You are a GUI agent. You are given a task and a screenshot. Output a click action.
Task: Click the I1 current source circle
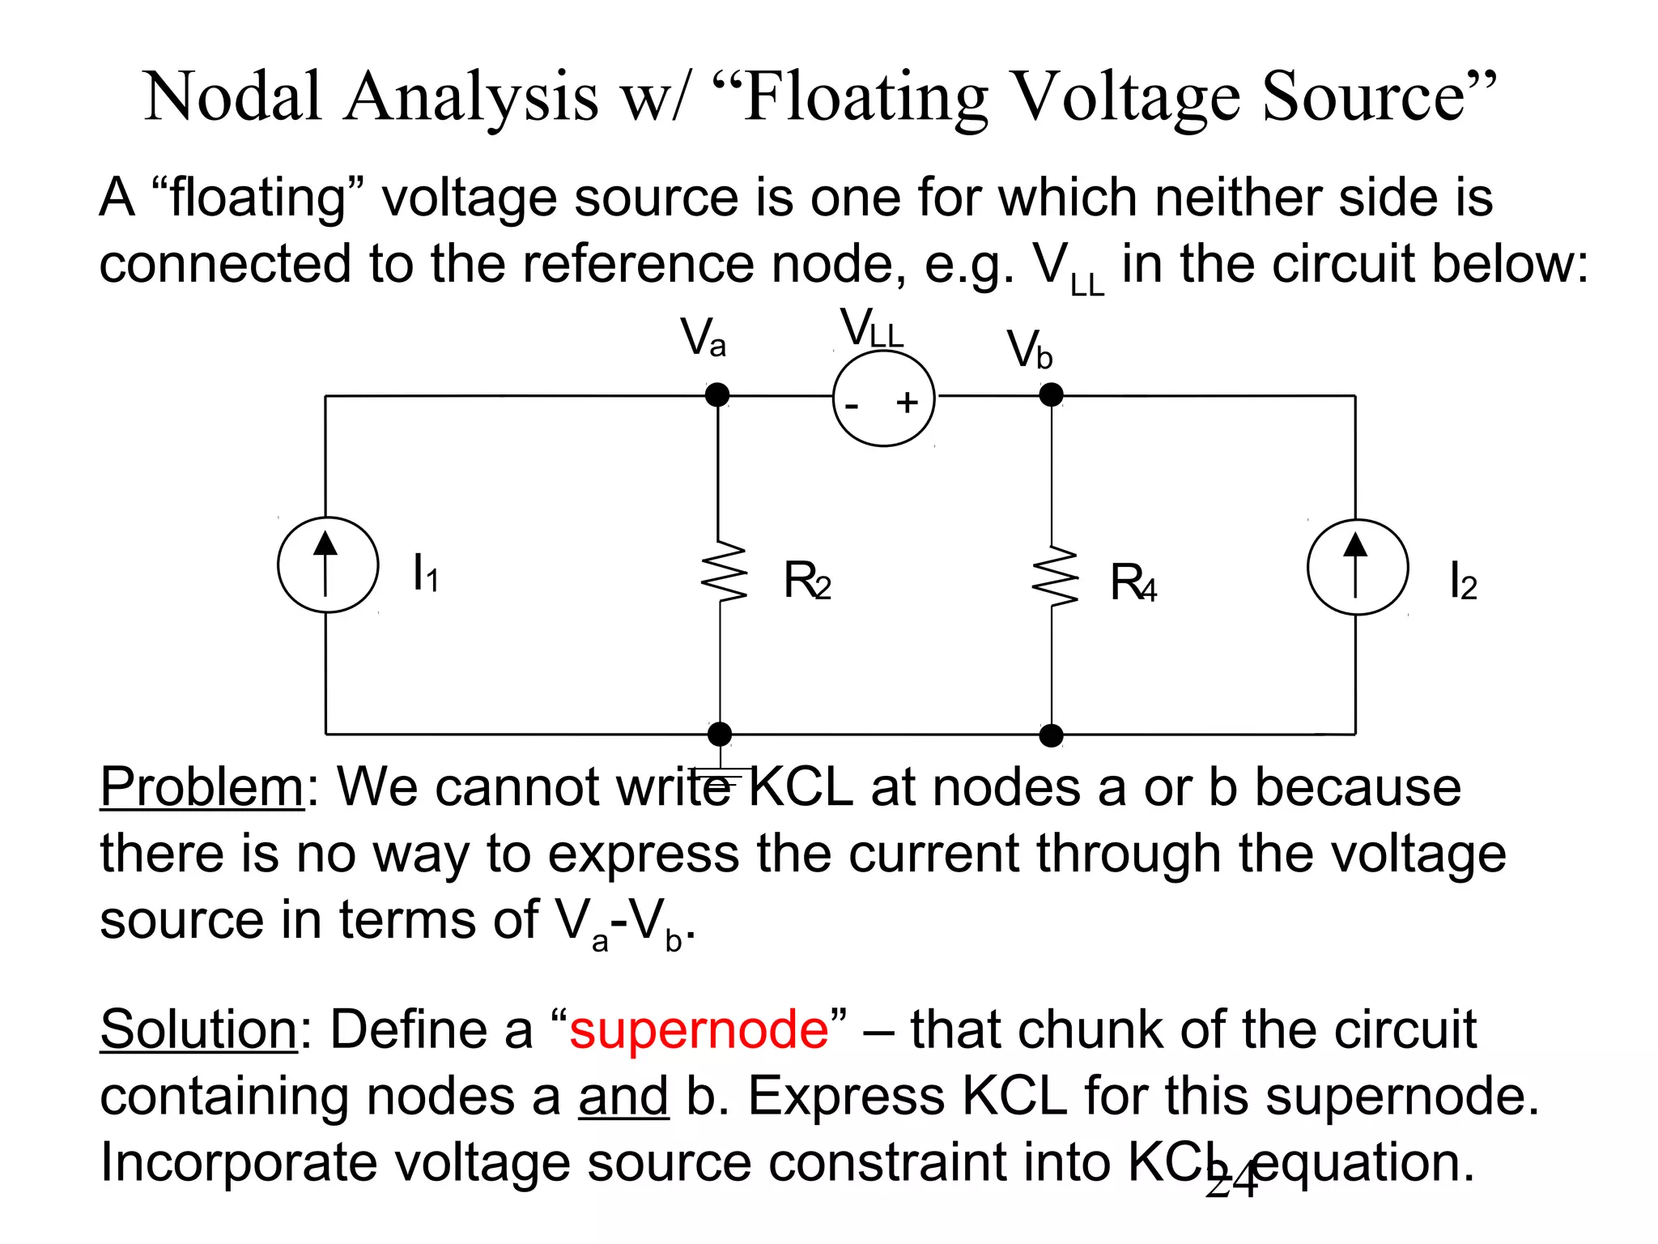pos(328,564)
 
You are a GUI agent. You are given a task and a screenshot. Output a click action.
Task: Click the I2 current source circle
pos(1357,567)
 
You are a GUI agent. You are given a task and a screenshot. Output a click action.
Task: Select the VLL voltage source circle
pos(883,398)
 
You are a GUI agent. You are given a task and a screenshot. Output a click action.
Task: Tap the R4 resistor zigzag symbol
pos(1054,576)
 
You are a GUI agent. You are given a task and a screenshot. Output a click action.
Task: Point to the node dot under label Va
pos(717,395)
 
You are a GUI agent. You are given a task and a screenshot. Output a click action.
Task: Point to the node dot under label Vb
pos(1051,395)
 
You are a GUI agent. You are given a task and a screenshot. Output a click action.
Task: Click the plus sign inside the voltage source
pos(907,403)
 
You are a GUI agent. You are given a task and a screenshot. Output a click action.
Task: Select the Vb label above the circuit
pos(1029,350)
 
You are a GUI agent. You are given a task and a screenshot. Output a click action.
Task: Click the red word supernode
pos(699,1029)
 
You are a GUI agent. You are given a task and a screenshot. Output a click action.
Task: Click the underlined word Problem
pos(202,787)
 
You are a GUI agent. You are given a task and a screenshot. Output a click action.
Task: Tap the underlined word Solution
pos(199,1029)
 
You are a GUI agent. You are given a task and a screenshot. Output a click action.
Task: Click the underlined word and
pos(623,1097)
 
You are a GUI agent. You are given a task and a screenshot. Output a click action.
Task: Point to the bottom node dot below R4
pos(1051,735)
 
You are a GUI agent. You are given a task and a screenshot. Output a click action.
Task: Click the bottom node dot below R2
pos(719,734)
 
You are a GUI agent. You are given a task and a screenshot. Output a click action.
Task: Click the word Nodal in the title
pos(232,97)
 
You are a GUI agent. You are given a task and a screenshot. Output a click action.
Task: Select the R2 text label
pos(806,582)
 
